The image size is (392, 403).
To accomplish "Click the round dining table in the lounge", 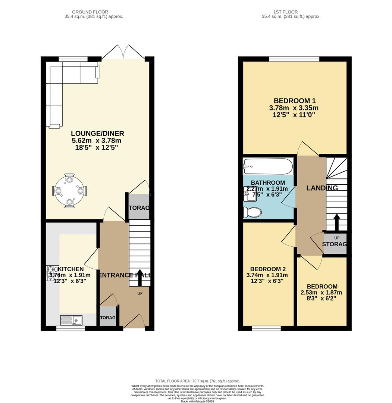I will [x=69, y=191].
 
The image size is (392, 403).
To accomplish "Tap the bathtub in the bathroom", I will [x=268, y=166].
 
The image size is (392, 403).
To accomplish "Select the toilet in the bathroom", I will [x=252, y=212].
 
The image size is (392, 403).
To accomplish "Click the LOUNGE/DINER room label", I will [x=97, y=134].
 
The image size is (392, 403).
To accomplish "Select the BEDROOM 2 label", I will [x=268, y=269].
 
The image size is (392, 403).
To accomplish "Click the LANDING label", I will [x=322, y=188].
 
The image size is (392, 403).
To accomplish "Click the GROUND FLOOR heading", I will [x=94, y=12].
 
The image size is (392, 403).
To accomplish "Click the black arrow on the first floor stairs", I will [x=336, y=222].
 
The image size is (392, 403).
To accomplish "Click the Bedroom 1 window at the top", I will [x=294, y=59].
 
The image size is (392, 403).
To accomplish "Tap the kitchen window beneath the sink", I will [x=70, y=328].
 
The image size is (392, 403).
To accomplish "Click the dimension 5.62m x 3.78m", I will [x=96, y=141].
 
